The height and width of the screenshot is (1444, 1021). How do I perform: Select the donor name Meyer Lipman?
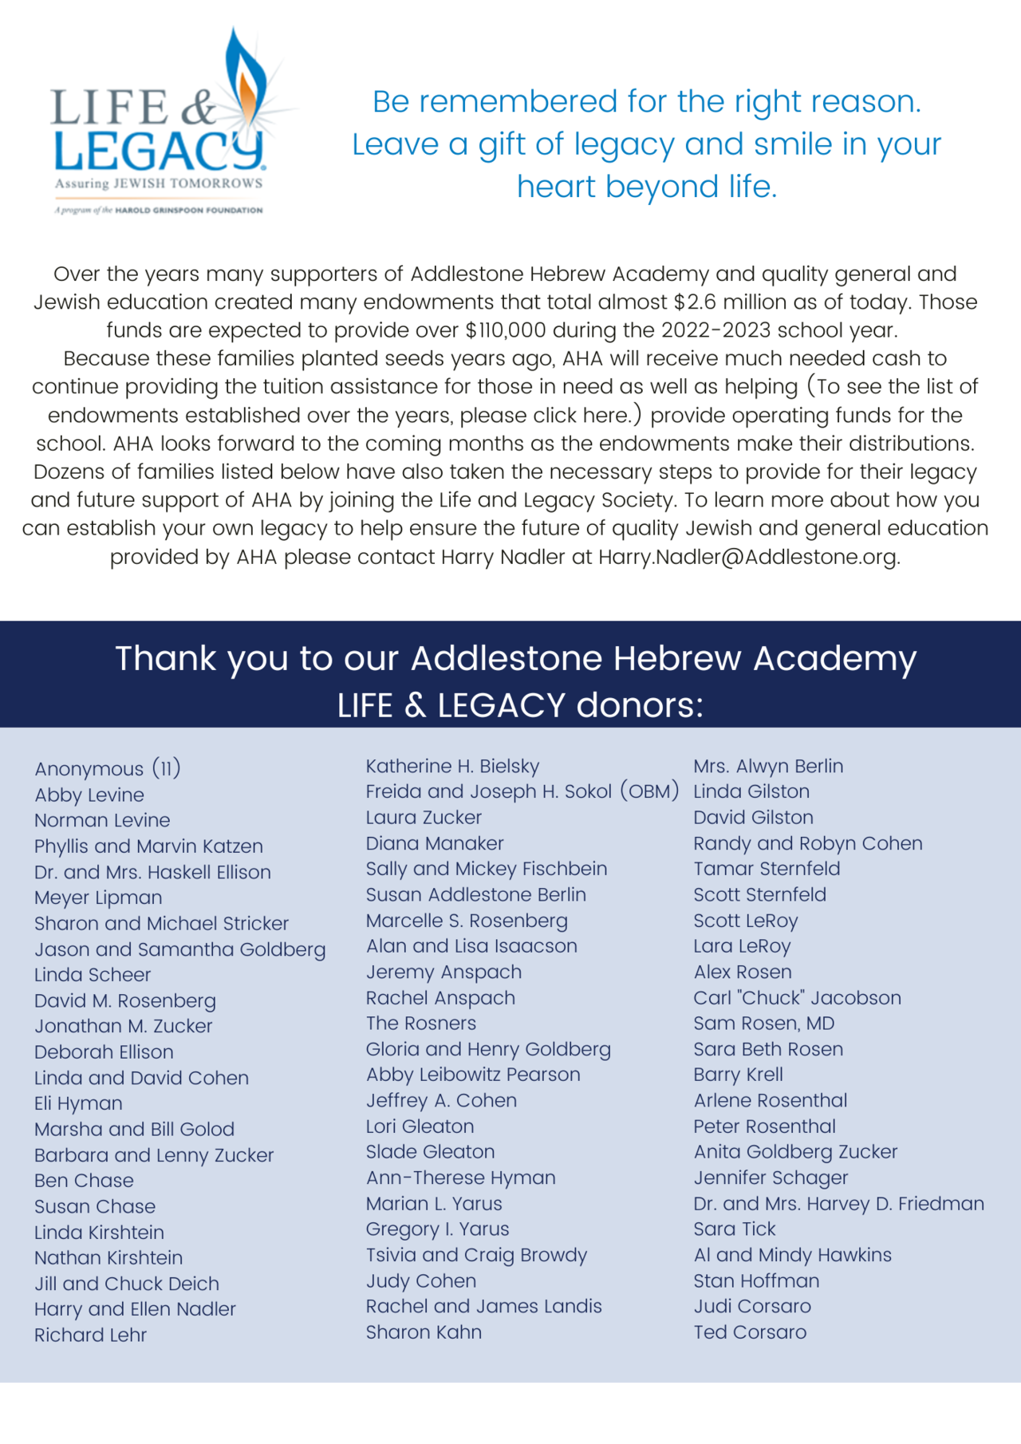pyautogui.click(x=98, y=898)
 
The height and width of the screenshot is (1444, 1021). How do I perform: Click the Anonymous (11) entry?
pyautogui.click(x=108, y=768)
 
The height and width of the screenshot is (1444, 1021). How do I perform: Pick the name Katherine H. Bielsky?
pyautogui.click(x=452, y=766)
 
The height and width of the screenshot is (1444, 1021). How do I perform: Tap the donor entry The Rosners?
pyautogui.click(x=420, y=1023)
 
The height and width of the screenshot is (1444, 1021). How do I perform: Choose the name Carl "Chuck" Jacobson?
pyautogui.click(x=797, y=997)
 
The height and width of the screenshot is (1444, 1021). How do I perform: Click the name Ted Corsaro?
pyautogui.click(x=749, y=1332)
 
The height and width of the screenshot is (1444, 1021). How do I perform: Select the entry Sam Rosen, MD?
pyautogui.click(x=763, y=1023)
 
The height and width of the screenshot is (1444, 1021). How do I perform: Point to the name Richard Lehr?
pyautogui.click(x=90, y=1335)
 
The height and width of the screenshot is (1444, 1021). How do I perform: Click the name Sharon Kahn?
pyautogui.click(x=424, y=1332)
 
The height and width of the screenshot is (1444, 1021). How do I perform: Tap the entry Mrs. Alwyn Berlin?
pyautogui.click(x=767, y=766)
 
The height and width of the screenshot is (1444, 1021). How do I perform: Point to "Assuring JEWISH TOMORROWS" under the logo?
pyautogui.click(x=158, y=183)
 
